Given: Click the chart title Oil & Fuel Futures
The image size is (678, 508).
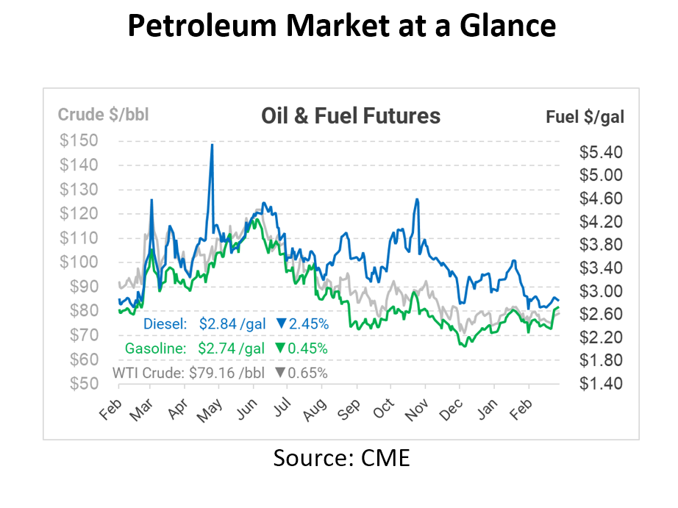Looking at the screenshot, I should pyautogui.click(x=351, y=116).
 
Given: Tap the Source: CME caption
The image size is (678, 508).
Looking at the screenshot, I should pyautogui.click(x=341, y=458).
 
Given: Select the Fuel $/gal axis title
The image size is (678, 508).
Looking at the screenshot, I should pyautogui.click(x=585, y=117).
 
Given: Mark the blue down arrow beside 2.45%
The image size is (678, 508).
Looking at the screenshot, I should pyautogui.click(x=281, y=324).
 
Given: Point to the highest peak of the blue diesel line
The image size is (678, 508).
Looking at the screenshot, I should pyautogui.click(x=212, y=145).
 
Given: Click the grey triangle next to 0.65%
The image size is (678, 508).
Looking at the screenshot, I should pyautogui.click(x=279, y=373).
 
